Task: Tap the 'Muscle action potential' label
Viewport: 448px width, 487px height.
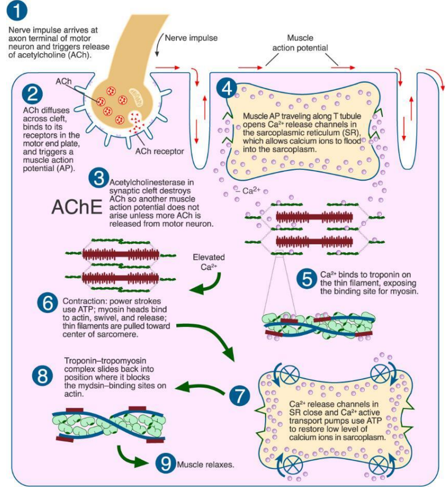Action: click(300, 43)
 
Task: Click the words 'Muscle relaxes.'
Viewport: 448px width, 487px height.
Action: click(206, 465)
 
